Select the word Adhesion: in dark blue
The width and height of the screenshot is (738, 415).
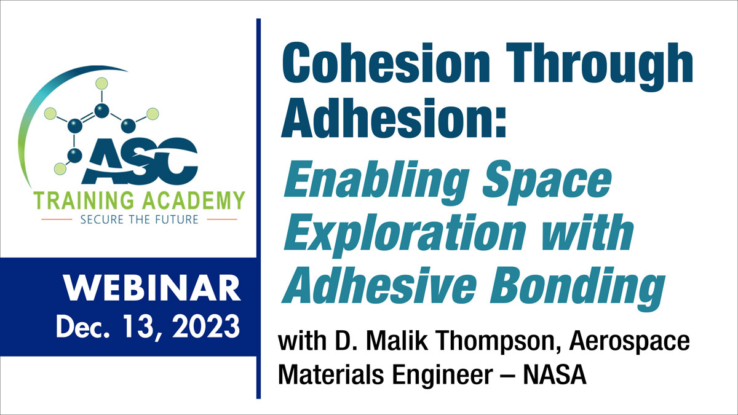point(394,117)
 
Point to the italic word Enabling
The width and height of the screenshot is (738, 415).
point(376,183)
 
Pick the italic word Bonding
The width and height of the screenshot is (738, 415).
point(577,288)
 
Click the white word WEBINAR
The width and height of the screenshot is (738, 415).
point(153,288)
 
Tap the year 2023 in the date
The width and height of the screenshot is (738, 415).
point(206,326)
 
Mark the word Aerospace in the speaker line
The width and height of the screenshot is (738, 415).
point(630,342)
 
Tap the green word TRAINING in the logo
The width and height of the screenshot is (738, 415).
point(84,200)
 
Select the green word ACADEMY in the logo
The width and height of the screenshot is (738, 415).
point(195,200)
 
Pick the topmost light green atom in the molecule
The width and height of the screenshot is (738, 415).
point(102,84)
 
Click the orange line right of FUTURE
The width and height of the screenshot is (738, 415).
point(222,219)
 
